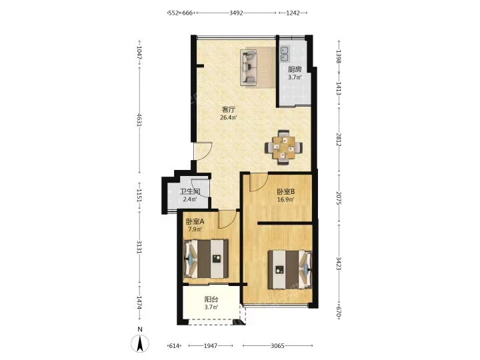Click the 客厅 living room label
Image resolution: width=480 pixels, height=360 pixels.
(229, 109)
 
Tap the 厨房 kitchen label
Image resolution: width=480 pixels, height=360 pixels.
(295, 69)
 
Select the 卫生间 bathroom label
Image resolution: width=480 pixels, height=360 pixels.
(190, 192)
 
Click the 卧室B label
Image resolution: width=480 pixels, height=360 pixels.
(286, 192)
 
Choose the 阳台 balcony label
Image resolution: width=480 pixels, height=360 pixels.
(211, 299)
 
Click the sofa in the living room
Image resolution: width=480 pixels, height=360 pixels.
(249, 67)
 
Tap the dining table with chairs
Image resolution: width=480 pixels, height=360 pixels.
(284, 147)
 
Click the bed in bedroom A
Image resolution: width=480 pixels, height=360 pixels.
(206, 259)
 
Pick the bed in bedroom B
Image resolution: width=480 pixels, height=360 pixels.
(290, 270)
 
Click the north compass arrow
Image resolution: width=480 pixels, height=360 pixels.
(140, 343)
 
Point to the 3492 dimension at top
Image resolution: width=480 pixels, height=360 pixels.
(236, 13)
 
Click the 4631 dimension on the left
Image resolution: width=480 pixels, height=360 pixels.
(139, 120)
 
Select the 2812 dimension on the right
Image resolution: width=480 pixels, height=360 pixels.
(339, 139)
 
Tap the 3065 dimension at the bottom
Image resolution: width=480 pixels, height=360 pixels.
(277, 346)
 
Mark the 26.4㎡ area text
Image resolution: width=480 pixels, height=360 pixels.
(229, 117)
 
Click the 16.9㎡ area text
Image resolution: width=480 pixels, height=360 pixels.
(286, 200)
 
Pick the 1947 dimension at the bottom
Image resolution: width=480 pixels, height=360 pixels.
(211, 346)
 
